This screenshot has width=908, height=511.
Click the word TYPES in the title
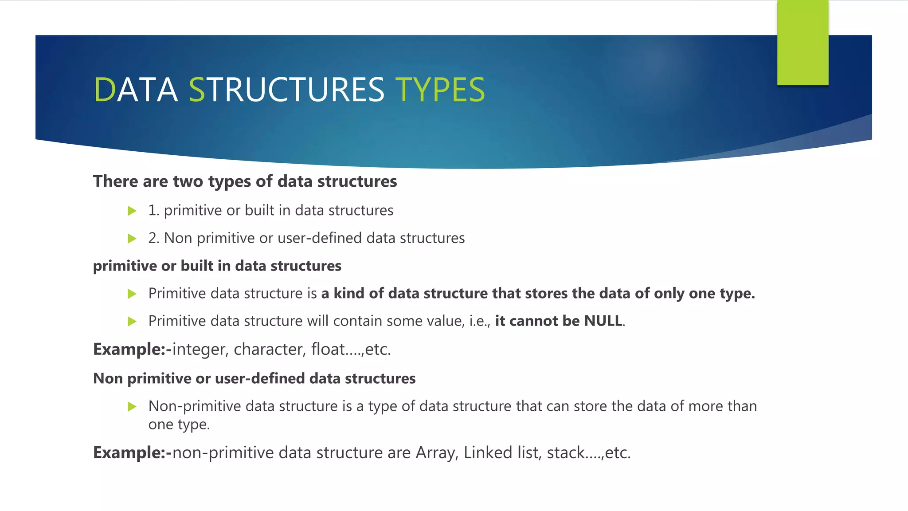(x=440, y=90)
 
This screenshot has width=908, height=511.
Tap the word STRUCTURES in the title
(x=286, y=90)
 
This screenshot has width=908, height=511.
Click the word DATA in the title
(x=136, y=90)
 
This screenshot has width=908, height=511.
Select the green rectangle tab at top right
(x=802, y=43)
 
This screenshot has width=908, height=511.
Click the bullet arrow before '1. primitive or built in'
(x=132, y=211)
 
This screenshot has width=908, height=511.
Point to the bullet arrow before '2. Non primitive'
(x=132, y=239)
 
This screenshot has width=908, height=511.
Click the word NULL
(x=603, y=321)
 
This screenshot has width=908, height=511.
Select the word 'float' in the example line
(x=328, y=350)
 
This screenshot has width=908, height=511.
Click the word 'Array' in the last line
(x=436, y=453)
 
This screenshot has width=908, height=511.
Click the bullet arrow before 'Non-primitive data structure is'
(x=132, y=406)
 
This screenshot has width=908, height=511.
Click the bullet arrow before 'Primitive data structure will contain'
(x=132, y=321)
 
